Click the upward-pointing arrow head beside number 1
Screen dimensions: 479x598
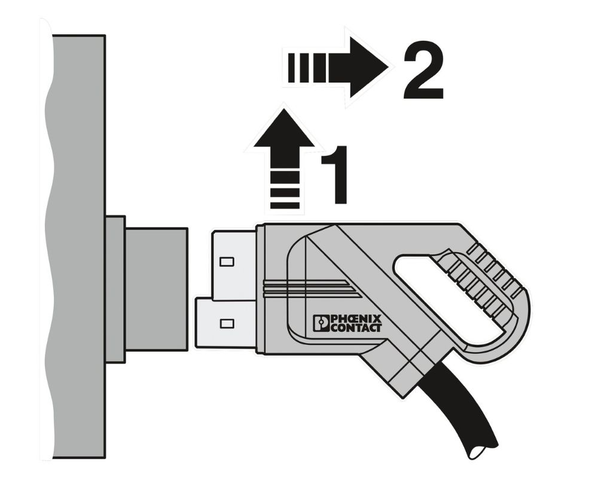284,138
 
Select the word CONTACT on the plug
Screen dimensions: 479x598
356,328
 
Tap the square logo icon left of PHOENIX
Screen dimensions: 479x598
321,323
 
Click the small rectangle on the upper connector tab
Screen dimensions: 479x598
227,262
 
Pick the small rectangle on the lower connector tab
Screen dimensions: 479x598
227,324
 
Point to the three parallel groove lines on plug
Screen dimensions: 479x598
311,290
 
